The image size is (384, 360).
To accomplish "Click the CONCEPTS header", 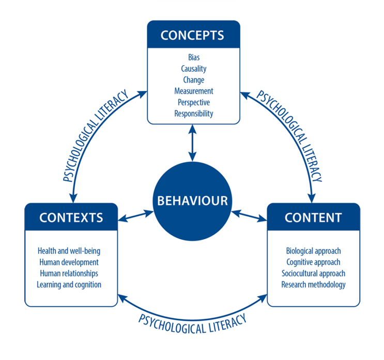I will coord(193,35).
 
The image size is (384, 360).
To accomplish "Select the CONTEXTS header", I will coord(71,217).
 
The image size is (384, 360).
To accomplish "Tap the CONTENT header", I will coord(313,217).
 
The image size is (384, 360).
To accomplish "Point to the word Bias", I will coord(193,58).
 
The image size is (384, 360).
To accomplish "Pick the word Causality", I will coord(193,69).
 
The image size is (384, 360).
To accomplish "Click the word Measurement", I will coord(193,91).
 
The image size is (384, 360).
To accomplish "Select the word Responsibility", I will coord(193,114).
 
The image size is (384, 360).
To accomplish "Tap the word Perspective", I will coord(193,102).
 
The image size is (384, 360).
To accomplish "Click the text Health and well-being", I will coord(69,251).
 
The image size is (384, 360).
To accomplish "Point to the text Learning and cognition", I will coord(69,285).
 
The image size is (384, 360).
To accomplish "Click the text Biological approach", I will coord(313,251).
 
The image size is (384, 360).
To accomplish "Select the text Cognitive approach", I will coord(313,262).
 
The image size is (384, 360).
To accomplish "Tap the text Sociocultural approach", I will coord(313,273).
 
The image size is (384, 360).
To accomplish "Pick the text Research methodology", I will coord(313,285).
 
